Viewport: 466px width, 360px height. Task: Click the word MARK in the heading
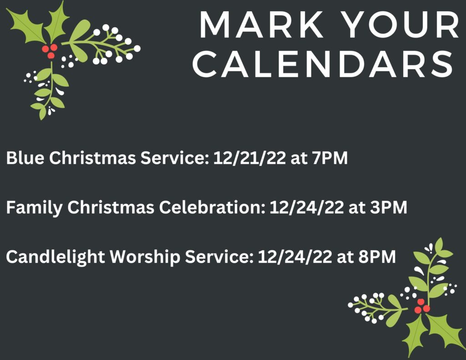(262, 25)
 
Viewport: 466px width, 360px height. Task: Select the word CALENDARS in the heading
(323, 64)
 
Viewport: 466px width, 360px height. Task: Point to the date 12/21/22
(249, 157)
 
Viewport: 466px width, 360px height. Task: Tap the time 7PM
(330, 157)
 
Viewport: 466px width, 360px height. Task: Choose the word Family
(34, 207)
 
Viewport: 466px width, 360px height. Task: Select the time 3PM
(389, 207)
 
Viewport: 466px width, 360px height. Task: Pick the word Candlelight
(55, 257)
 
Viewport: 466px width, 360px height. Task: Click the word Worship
(145, 257)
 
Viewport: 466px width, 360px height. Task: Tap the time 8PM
(377, 257)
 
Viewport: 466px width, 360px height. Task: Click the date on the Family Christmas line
(306, 207)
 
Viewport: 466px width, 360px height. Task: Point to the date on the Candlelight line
(294, 257)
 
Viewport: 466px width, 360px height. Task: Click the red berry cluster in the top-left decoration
(50, 51)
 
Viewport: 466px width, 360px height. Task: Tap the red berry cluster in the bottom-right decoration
(422, 306)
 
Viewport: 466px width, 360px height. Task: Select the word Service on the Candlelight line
(218, 257)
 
